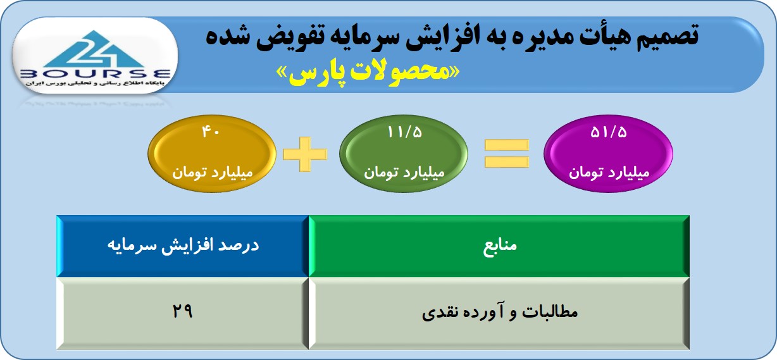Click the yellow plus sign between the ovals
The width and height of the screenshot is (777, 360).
click(x=305, y=154)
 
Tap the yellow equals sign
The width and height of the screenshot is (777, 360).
click(x=507, y=153)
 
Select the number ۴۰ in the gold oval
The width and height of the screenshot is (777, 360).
click(x=211, y=132)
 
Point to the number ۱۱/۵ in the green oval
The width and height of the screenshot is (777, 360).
click(x=404, y=132)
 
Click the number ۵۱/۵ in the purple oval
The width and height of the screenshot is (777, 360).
click(x=609, y=132)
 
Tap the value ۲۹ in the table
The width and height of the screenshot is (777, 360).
click(x=182, y=311)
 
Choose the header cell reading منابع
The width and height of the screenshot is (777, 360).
click(x=499, y=246)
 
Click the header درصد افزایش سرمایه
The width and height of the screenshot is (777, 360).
click(x=183, y=245)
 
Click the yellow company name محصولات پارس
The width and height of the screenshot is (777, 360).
click(x=368, y=73)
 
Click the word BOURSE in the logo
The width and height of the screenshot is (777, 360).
click(x=96, y=74)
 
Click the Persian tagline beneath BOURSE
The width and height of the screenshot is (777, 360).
click(x=96, y=84)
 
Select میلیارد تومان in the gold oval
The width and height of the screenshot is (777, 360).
click(x=213, y=172)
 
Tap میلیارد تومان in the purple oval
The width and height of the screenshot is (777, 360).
click(x=609, y=172)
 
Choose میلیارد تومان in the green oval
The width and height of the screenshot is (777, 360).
click(x=404, y=172)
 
